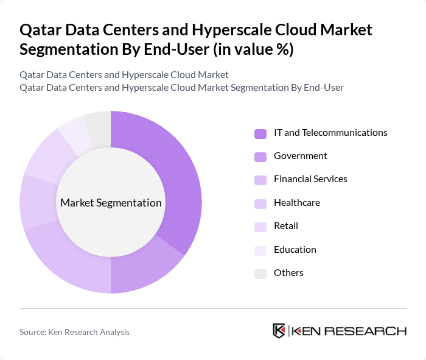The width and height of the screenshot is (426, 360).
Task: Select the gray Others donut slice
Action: tap(98, 124)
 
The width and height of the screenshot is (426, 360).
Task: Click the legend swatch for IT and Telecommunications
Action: tap(260, 133)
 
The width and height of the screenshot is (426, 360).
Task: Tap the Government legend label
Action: tap(300, 156)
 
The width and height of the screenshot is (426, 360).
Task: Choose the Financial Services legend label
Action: tap(310, 179)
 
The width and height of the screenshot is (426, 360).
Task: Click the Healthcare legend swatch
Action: tap(260, 203)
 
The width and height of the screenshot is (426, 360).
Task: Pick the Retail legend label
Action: tap(286, 226)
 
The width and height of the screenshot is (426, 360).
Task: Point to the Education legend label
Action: tap(295, 249)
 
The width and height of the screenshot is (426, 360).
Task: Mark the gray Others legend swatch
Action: tap(260, 274)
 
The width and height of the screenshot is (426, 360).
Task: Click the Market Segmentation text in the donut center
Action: tap(111, 203)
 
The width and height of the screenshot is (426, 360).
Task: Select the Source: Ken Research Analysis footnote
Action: tap(74, 332)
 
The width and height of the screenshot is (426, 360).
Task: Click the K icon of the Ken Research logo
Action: tap(279, 331)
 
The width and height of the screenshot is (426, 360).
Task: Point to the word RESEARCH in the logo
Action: tap(371, 331)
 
